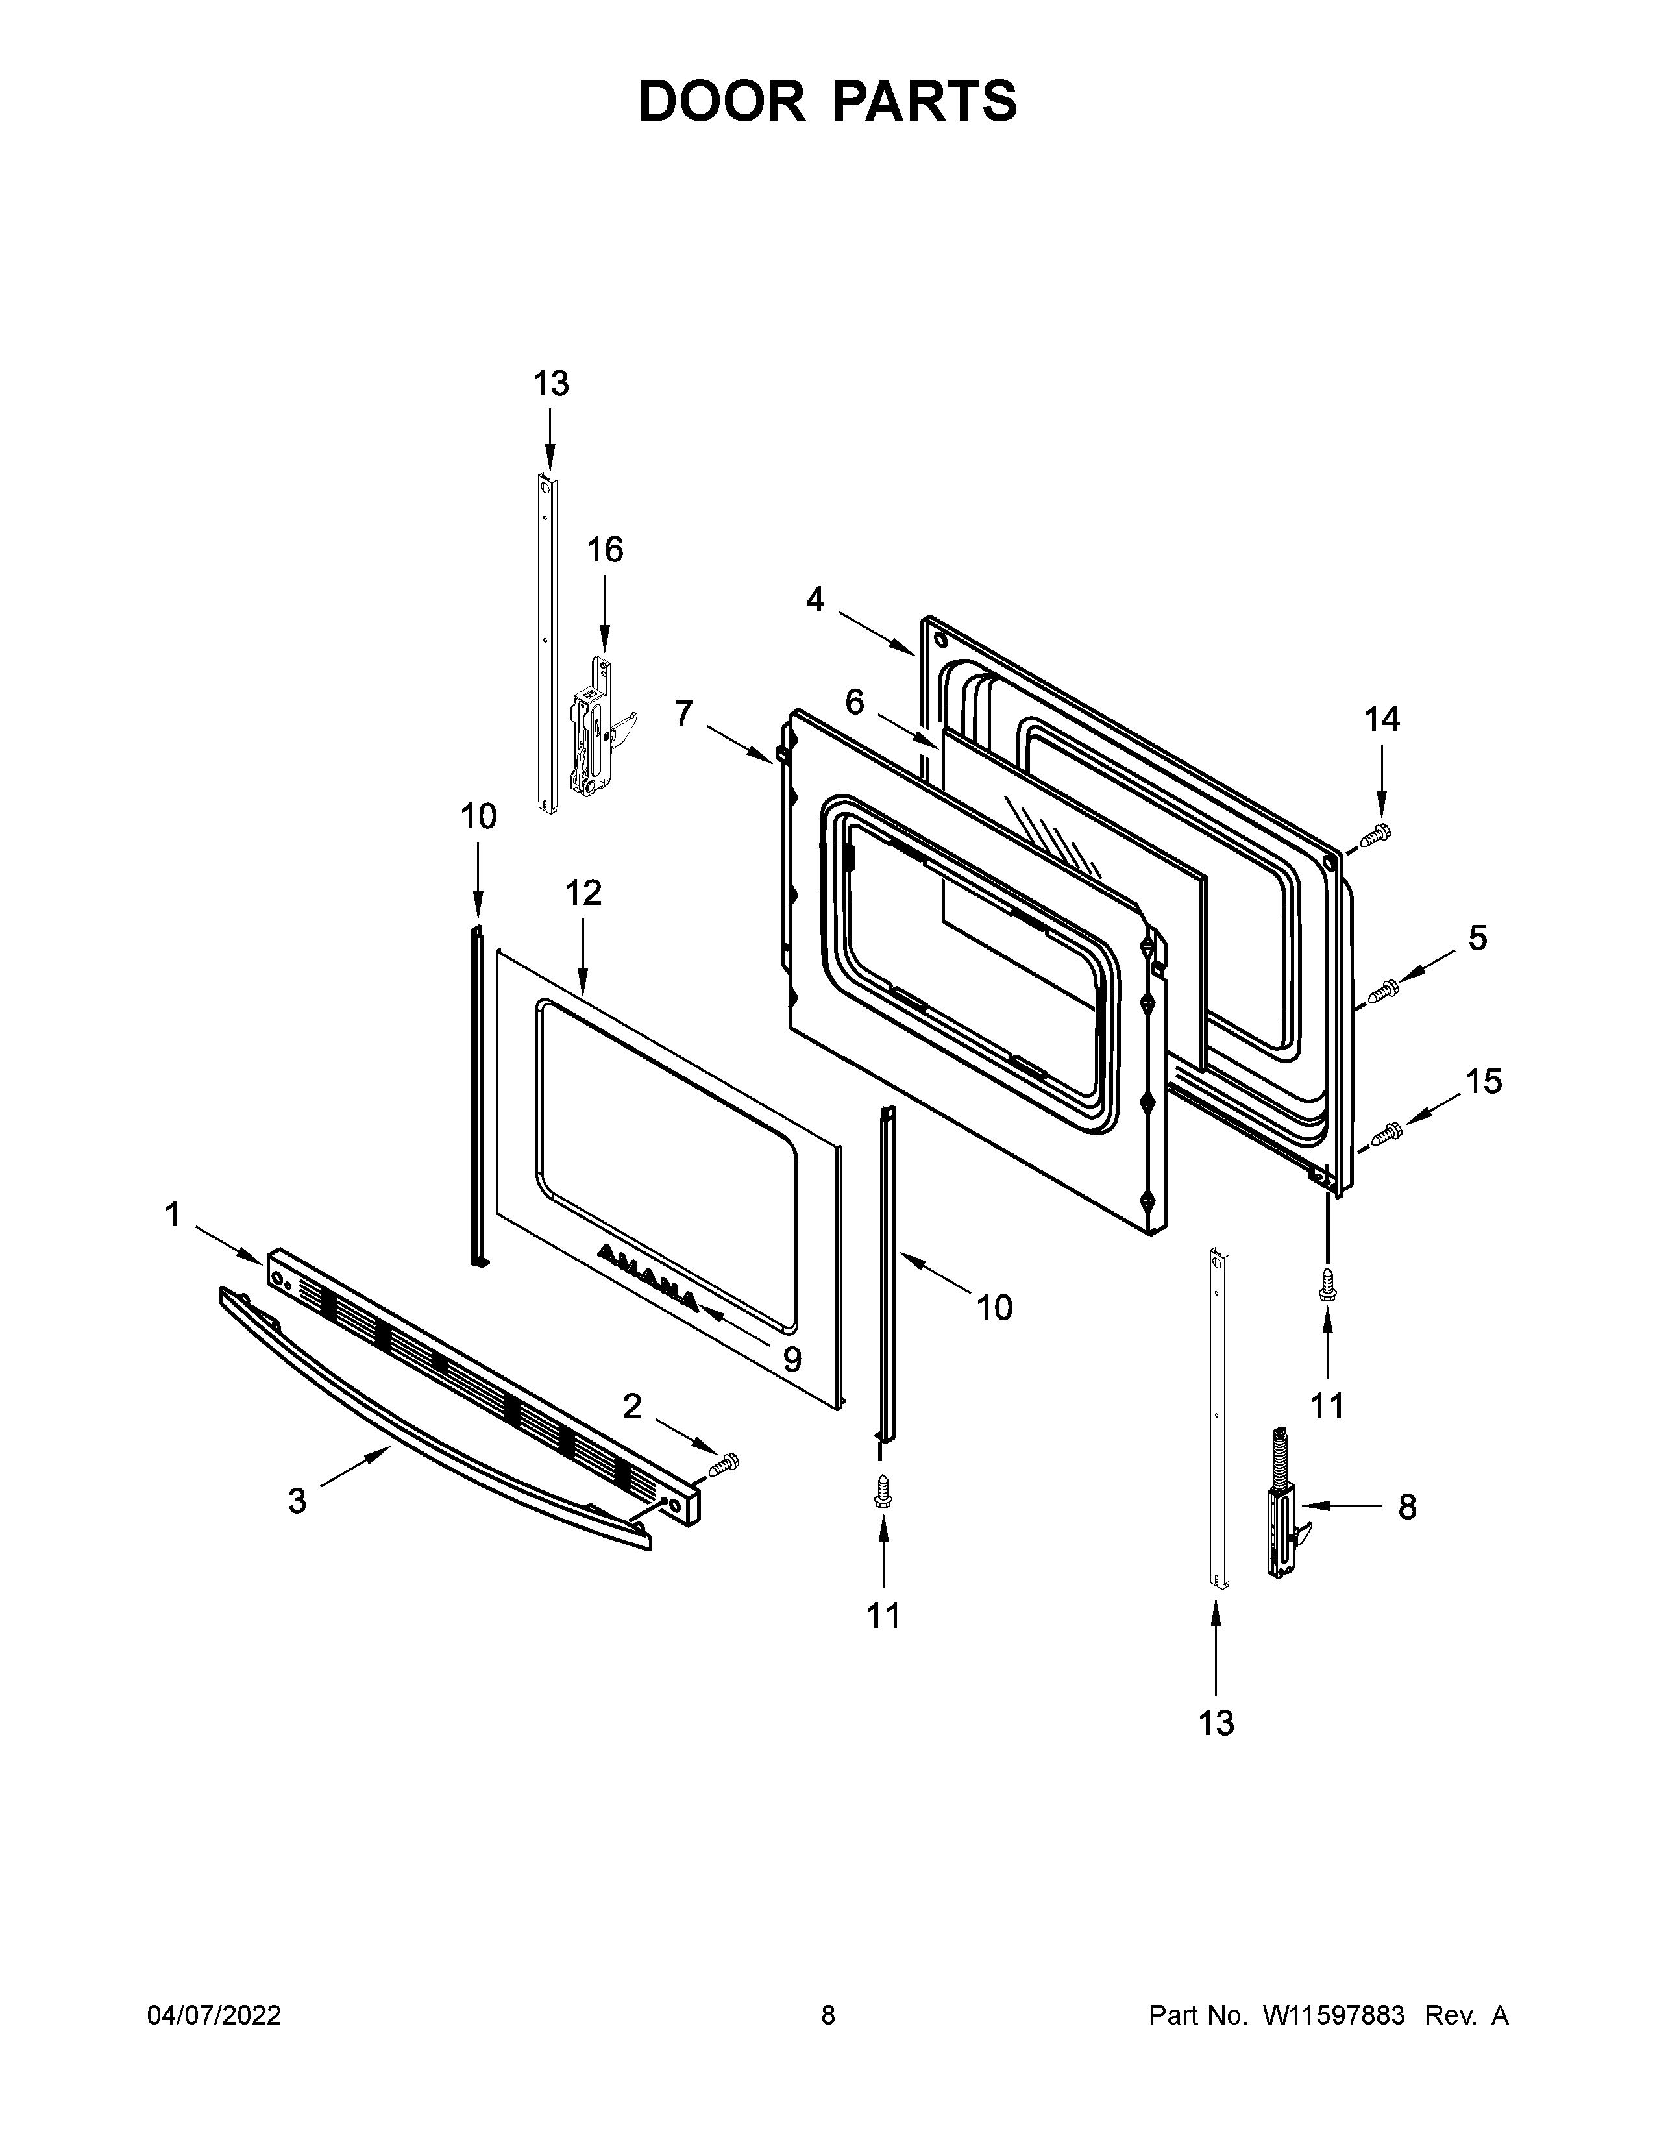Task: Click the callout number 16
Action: (605, 550)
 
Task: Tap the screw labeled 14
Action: (1377, 835)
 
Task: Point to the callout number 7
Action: (683, 713)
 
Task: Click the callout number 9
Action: (791, 1359)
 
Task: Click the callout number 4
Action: (815, 599)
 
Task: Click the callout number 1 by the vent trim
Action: (173, 1214)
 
